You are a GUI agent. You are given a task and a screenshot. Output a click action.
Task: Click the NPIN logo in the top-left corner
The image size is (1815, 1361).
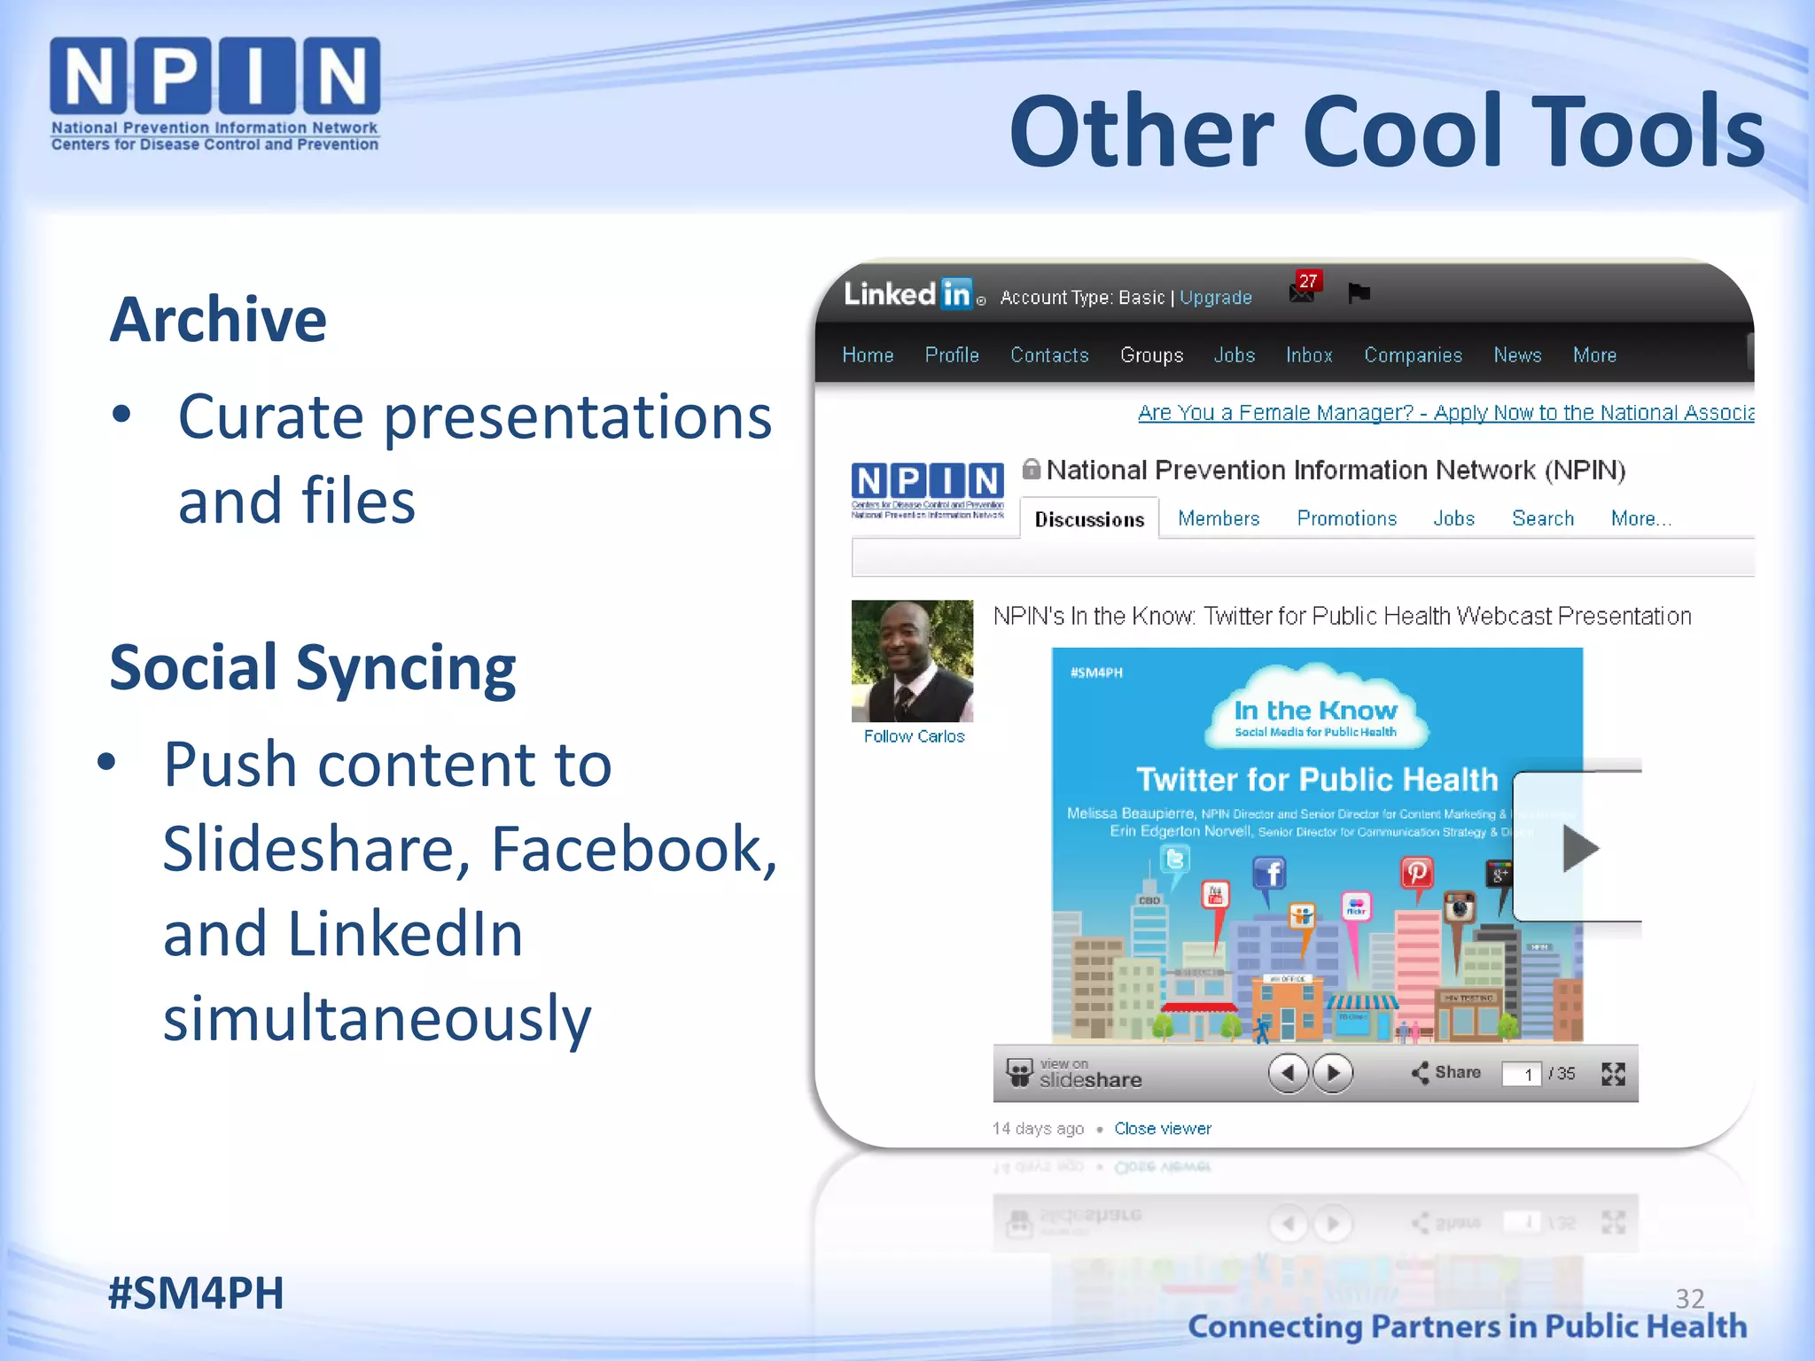(x=214, y=93)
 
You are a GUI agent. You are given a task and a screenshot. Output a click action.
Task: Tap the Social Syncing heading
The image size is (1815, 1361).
(x=312, y=667)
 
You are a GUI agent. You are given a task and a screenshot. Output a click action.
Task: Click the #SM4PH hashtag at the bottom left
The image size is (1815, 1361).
(x=196, y=1293)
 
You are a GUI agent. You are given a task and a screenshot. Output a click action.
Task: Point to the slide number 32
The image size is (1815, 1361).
(x=1689, y=1298)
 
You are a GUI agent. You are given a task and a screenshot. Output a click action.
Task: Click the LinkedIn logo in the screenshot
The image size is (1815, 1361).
(x=908, y=293)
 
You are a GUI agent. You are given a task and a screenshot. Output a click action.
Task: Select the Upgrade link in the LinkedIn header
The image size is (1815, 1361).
(x=1215, y=298)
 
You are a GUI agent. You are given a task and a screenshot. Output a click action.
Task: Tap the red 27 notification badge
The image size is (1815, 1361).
(x=1307, y=281)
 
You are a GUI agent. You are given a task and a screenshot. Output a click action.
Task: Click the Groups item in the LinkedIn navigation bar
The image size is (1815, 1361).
(x=1151, y=355)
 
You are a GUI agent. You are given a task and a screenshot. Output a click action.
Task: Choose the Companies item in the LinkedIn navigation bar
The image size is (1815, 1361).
(x=1413, y=355)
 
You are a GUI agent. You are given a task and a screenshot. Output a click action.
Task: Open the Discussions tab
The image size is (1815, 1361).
(x=1089, y=519)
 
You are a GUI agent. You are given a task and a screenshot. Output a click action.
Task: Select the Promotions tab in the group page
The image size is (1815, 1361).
(x=1346, y=518)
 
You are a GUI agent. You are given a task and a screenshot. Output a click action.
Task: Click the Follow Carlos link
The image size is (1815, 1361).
(x=914, y=736)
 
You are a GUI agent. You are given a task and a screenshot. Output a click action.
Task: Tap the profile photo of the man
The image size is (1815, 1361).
(x=912, y=660)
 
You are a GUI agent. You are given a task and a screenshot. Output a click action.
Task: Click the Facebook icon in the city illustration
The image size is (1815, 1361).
(x=1269, y=874)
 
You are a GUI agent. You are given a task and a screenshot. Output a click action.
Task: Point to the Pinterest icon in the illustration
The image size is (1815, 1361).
(x=1416, y=873)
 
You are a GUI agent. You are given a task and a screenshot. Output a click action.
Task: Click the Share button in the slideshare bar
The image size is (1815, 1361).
(x=1446, y=1072)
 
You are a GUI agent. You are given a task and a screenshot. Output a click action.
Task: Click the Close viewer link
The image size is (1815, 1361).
(x=1162, y=1128)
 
